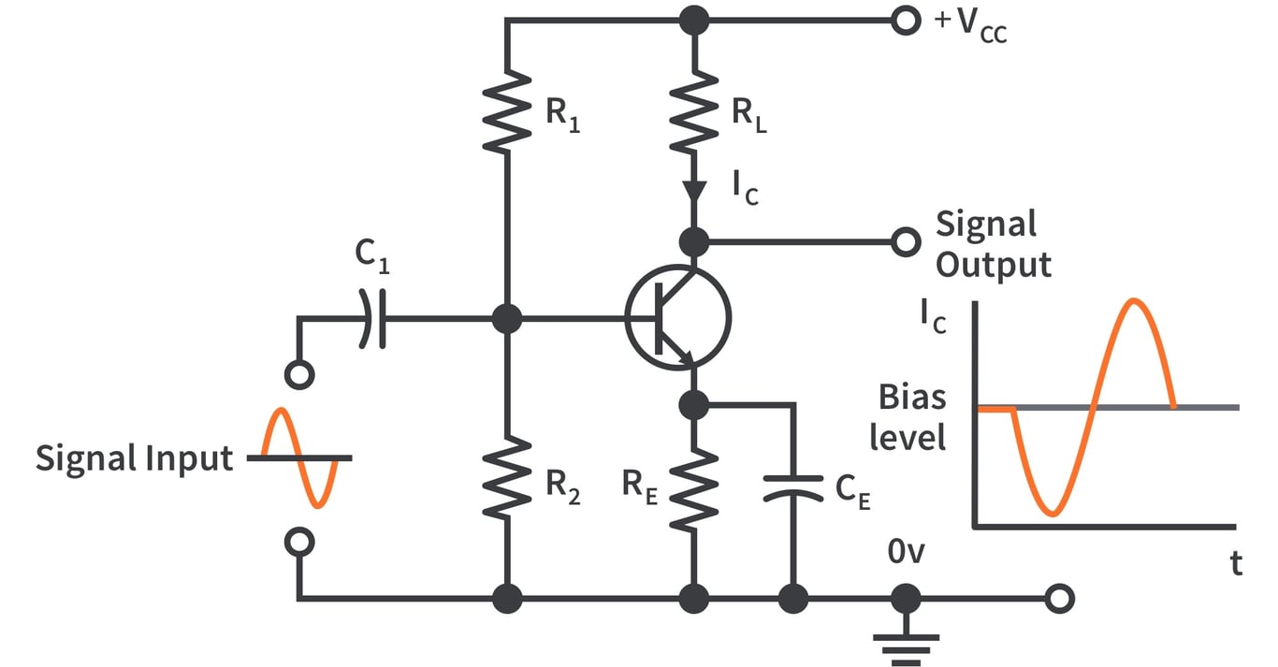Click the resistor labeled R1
(x=506, y=110)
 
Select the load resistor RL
(x=693, y=110)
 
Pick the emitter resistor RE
(x=693, y=487)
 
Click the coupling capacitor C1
(x=372, y=318)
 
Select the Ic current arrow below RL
(x=693, y=191)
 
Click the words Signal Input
(x=134, y=458)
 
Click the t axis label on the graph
(x=1236, y=563)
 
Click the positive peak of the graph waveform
(x=1135, y=300)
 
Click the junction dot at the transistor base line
(x=506, y=318)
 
